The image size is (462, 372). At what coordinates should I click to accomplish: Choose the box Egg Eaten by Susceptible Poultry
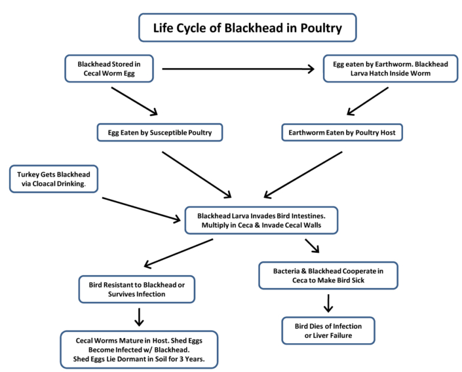click(x=159, y=132)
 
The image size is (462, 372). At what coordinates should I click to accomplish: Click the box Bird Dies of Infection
click(x=328, y=331)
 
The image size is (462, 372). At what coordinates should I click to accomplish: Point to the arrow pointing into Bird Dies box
click(x=328, y=303)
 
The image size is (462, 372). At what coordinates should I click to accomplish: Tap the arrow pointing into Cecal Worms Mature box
click(x=138, y=317)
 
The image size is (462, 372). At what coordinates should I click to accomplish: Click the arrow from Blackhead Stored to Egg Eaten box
click(x=134, y=100)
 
